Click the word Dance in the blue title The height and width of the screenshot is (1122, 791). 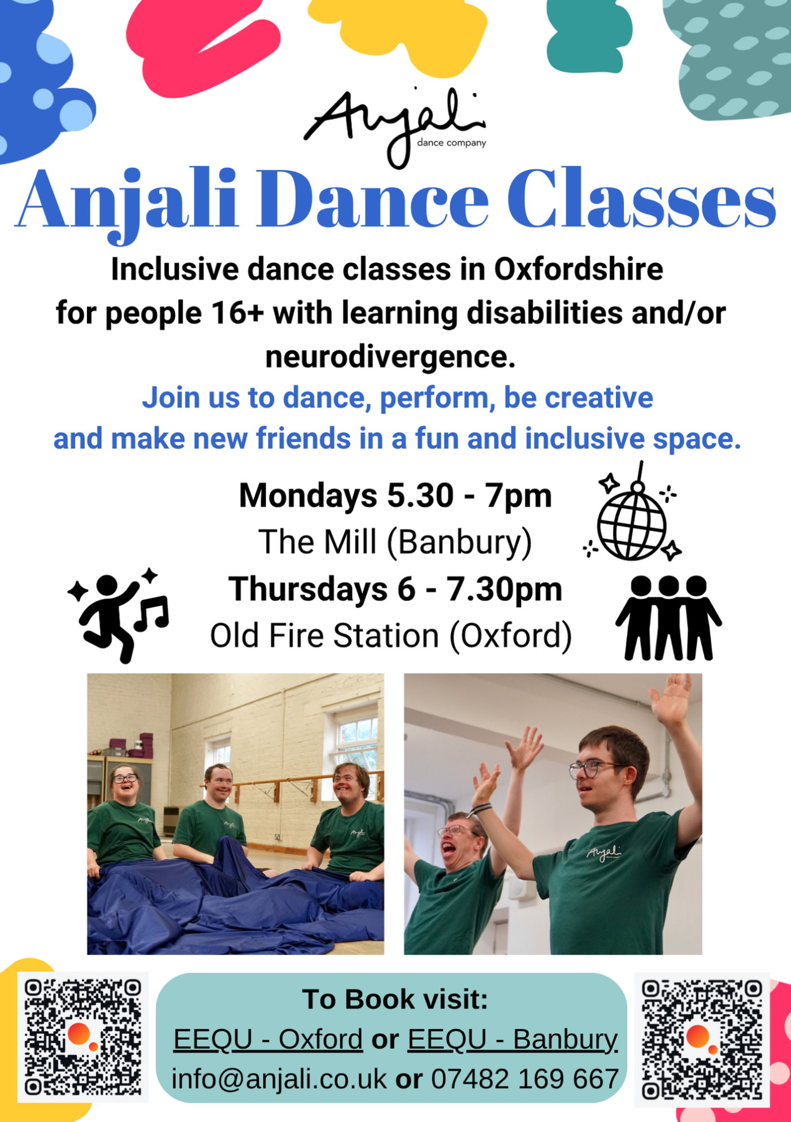coord(373,200)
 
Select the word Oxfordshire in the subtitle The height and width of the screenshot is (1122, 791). coord(579,269)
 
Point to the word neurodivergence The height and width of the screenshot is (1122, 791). coord(390,357)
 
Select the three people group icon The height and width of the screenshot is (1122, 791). coord(668,618)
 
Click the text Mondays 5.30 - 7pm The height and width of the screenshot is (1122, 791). coord(395,496)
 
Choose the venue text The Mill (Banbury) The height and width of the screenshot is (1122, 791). coord(395,542)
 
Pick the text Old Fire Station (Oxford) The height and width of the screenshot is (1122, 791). coord(391,636)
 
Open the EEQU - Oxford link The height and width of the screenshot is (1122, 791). coord(268,1040)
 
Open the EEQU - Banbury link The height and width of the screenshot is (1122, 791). coord(513,1040)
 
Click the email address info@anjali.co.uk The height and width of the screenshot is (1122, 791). coord(279,1079)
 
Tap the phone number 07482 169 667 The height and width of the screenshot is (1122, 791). coord(525,1079)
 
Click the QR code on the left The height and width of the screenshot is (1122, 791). coord(83,1037)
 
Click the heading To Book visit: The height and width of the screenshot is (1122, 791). coord(395,999)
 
